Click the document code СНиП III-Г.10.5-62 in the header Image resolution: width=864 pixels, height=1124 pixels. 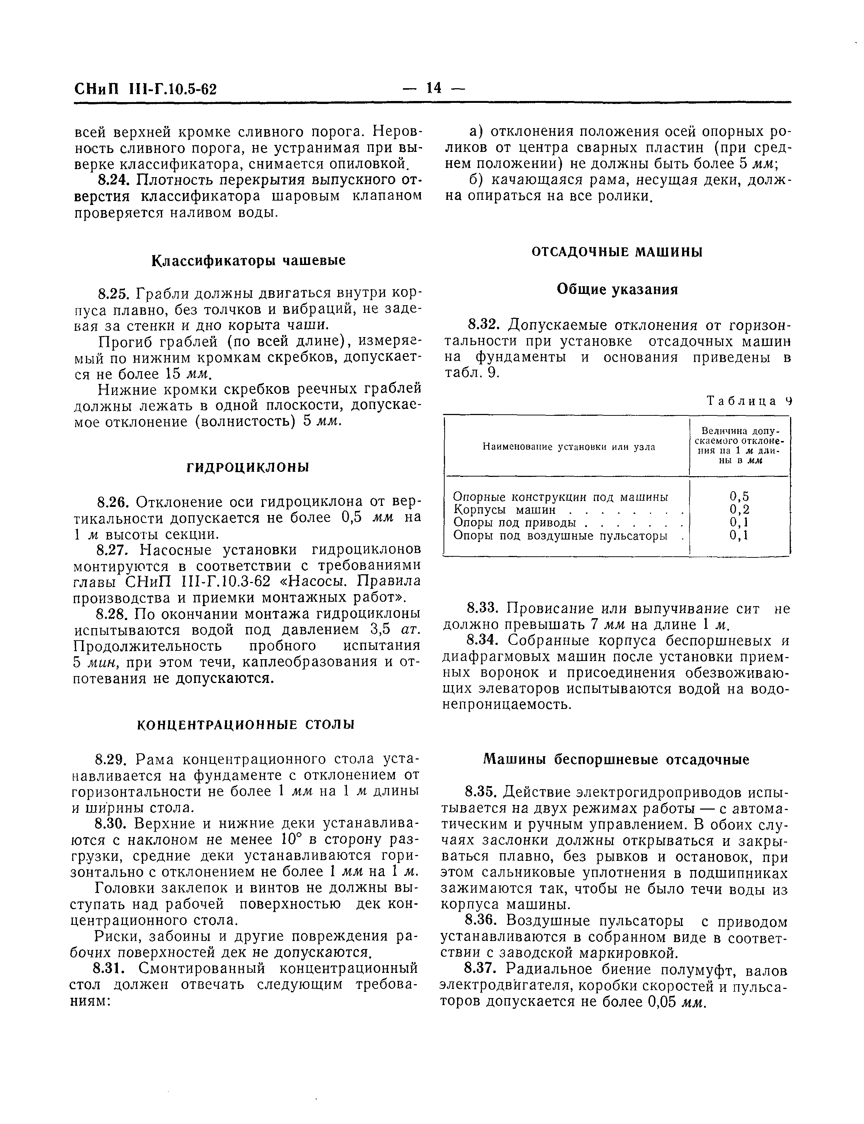[146, 90]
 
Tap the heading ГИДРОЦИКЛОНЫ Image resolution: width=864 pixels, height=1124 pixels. [247, 468]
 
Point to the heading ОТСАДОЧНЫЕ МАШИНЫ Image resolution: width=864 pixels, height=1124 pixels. [617, 252]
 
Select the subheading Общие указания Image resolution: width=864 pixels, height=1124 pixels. [617, 290]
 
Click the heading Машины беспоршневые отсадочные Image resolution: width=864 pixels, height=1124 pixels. [617, 759]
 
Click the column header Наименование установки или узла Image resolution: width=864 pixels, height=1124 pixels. [568, 447]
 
